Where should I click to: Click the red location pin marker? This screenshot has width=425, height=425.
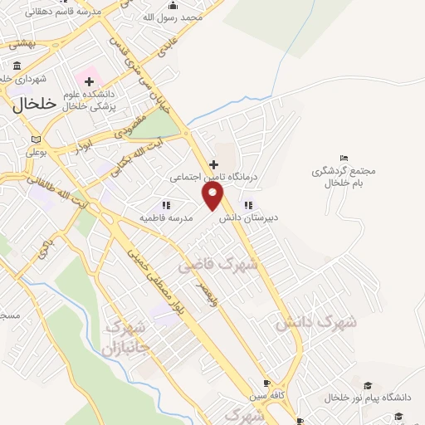tap(213, 196)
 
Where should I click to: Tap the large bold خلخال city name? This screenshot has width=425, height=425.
tap(34, 104)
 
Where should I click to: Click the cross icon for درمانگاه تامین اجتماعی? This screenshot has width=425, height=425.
tap(213, 164)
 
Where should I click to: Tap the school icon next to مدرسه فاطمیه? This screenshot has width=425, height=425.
tap(166, 204)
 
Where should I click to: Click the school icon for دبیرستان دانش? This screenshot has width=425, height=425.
tap(247, 205)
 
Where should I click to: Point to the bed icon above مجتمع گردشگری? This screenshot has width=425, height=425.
tap(344, 159)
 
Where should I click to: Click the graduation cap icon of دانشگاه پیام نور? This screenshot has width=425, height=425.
tap(368, 386)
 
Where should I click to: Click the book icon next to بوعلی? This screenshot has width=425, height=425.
tap(34, 139)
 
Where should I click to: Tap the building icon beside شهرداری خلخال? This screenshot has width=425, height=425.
tap(17, 66)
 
